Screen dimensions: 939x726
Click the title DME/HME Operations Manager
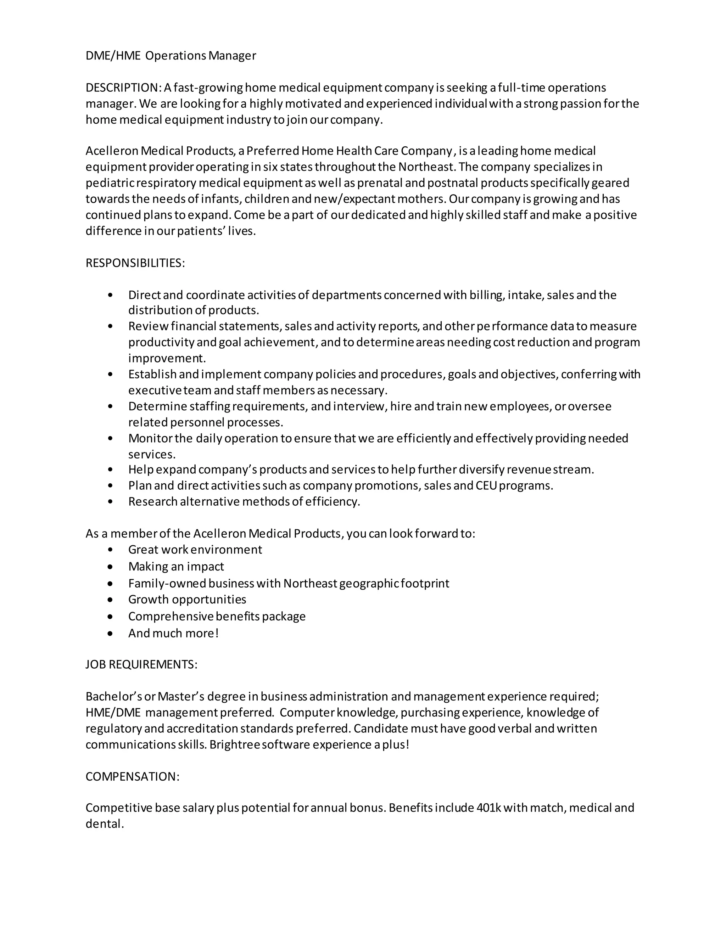pos(171,56)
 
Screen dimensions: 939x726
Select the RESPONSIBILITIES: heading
pos(135,263)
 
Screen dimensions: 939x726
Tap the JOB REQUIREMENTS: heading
pos(141,665)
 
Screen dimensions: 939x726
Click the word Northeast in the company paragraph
pos(425,167)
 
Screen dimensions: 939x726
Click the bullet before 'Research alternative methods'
pos(111,502)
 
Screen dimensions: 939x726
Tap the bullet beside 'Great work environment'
pos(111,550)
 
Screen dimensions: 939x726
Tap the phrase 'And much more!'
pos(173,633)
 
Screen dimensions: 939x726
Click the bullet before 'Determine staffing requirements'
pos(111,406)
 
